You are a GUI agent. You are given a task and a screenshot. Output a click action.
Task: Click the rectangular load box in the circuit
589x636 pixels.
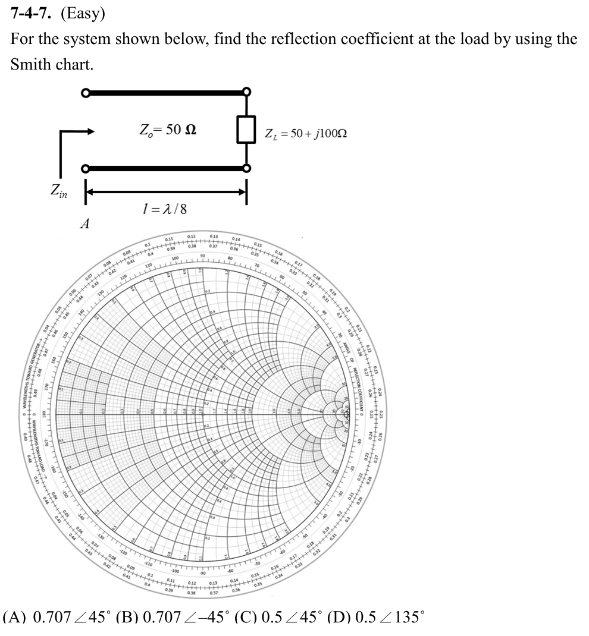(246, 130)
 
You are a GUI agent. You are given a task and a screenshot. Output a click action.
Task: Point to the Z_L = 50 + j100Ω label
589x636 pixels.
(306, 133)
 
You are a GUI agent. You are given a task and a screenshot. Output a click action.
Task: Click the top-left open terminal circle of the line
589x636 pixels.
(86, 93)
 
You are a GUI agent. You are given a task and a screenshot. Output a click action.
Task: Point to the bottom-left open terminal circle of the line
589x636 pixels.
(86, 169)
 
